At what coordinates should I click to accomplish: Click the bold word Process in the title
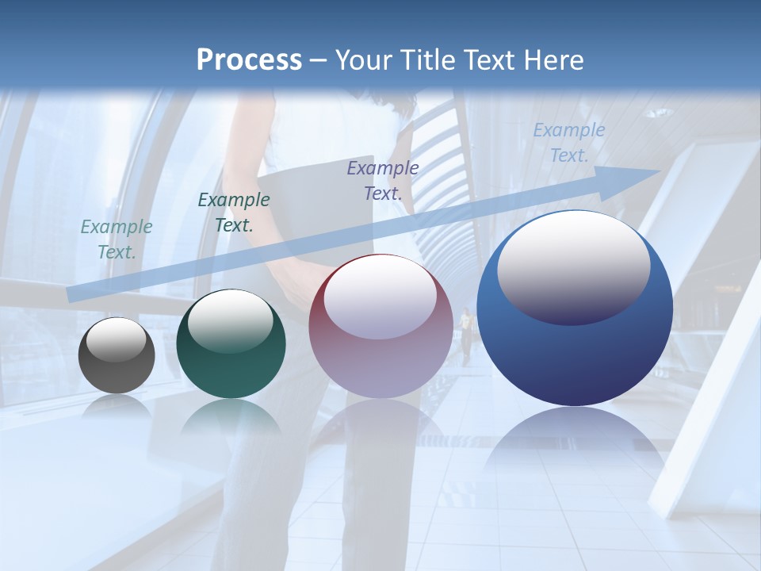[x=249, y=60]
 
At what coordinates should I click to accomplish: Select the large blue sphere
[x=575, y=357]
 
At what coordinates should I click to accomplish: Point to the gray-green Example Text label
[x=117, y=239]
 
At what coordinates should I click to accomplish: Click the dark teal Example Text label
[x=233, y=212]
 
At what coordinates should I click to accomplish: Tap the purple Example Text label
[x=383, y=180]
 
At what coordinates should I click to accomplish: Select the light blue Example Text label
[x=568, y=142]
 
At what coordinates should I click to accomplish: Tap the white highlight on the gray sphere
[x=116, y=339]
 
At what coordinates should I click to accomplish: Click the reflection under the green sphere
[x=231, y=416]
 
